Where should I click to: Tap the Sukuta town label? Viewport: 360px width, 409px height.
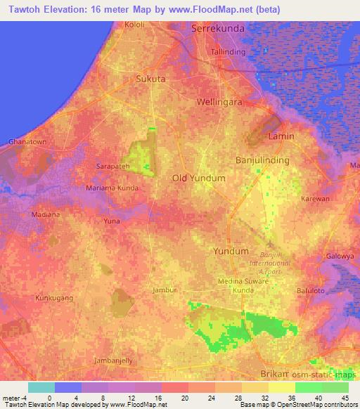pos(150,79)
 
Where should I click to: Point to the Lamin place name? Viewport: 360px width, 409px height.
pos(281,136)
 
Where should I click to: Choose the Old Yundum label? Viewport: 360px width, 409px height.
pos(199,178)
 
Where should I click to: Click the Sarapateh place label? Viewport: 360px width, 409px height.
pos(112,167)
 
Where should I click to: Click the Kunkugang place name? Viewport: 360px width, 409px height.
pos(55,298)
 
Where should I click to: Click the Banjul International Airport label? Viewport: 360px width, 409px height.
pos(270,263)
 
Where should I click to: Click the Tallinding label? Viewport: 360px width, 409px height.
pos(229,52)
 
